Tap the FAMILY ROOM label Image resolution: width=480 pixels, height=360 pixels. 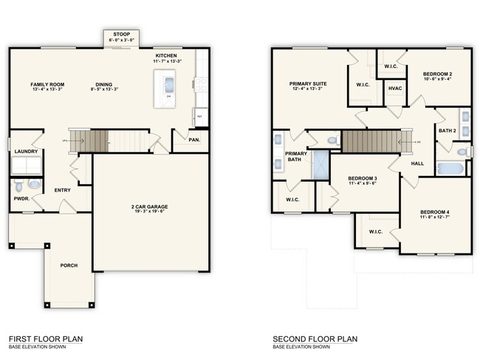coord(47,84)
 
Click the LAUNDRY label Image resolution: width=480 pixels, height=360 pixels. coord(26,152)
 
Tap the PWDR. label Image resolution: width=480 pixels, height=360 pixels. coord(21,198)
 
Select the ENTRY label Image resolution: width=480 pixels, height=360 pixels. coord(62,190)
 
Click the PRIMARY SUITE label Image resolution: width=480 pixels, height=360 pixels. coord(307,84)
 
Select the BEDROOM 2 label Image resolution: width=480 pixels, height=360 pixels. coord(437,75)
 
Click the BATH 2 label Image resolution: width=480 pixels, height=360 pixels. coord(448,130)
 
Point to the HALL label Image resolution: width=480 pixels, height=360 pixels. coord(417,163)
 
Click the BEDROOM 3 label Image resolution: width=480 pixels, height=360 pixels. coord(362,179)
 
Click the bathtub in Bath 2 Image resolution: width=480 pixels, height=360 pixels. coord(452,168)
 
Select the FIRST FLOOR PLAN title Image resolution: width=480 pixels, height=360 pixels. coord(44,339)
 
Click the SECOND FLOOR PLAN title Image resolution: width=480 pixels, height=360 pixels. coord(315,339)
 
